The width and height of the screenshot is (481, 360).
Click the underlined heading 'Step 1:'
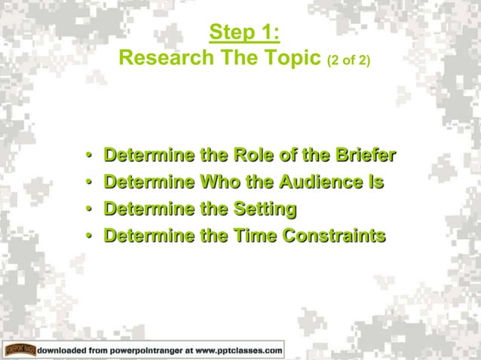(x=244, y=32)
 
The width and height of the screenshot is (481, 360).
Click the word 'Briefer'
(x=363, y=157)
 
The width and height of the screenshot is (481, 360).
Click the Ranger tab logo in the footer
(x=20, y=350)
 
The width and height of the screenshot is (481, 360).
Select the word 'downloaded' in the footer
(x=61, y=350)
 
